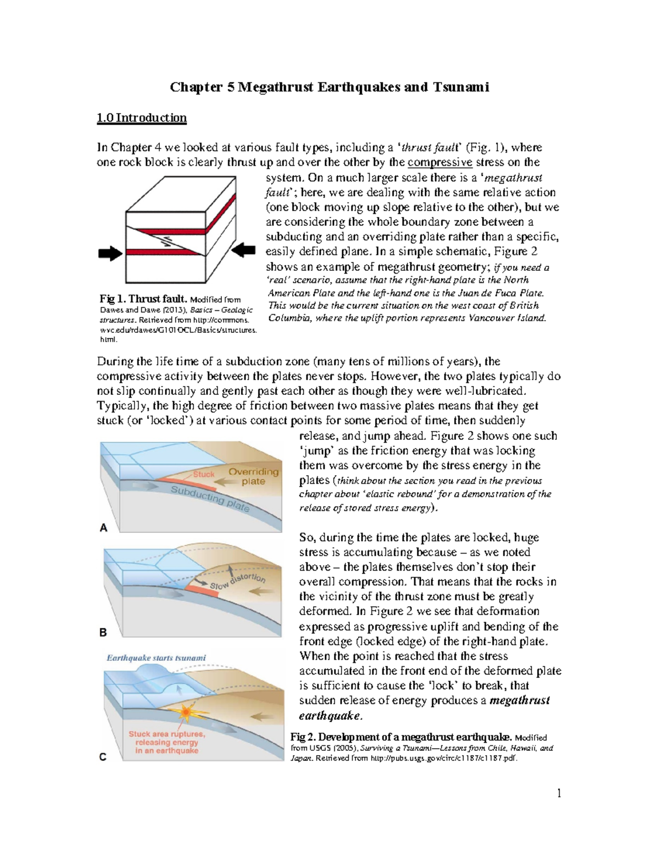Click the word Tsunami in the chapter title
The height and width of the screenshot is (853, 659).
pyautogui.click(x=461, y=87)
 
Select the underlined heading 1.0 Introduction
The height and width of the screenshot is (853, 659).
pyautogui.click(x=142, y=118)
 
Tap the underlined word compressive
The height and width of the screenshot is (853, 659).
pyautogui.click(x=440, y=162)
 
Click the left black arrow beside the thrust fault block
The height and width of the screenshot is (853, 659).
pyautogui.click(x=110, y=253)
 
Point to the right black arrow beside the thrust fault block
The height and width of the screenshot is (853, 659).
pyautogui.click(x=243, y=251)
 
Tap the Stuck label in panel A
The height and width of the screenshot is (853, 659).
pyautogui.click(x=203, y=474)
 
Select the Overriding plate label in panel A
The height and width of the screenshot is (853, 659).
pyautogui.click(x=253, y=476)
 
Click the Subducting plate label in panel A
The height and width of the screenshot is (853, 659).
pyautogui.click(x=210, y=499)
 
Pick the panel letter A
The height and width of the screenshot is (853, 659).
pyautogui.click(x=103, y=528)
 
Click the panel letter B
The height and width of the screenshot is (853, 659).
pyautogui.click(x=103, y=632)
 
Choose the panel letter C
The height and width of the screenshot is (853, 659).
pyautogui.click(x=103, y=757)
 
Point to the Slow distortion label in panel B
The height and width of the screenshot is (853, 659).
pyautogui.click(x=237, y=582)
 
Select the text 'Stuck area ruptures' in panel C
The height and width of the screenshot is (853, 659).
pyautogui.click(x=167, y=734)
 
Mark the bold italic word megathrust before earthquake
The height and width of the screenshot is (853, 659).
pyautogui.click(x=520, y=700)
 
